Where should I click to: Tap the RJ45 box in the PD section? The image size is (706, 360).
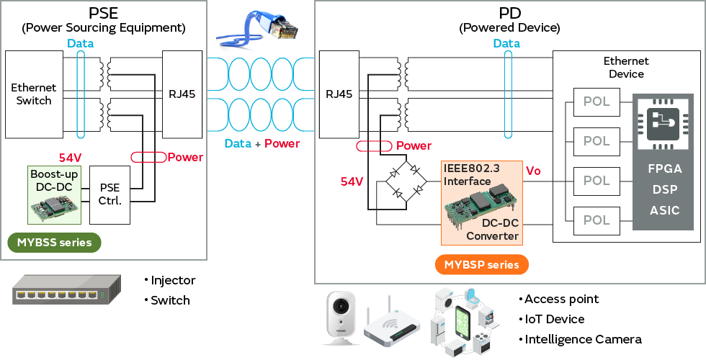coord(339,94)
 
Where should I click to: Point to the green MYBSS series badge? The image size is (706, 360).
coord(54,243)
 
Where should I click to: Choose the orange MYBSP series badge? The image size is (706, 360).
coord(481,264)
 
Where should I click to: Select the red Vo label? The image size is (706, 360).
coord(534,171)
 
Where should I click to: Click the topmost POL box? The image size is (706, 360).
coord(596,102)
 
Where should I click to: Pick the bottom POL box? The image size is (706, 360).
coord(596,220)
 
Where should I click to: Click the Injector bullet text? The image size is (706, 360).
coord(173,280)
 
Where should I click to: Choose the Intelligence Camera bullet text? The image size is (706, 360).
coord(583,339)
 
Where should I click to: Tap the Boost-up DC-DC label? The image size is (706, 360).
coord(54,179)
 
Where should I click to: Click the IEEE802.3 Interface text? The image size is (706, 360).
coord(468,176)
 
